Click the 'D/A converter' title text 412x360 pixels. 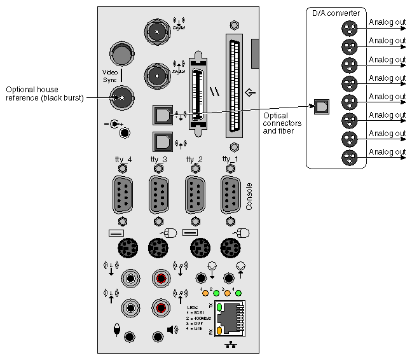[x=335, y=13]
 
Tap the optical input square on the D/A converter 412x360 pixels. [x=322, y=106]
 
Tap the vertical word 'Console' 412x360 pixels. [x=249, y=196]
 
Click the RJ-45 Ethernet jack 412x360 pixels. [x=232, y=319]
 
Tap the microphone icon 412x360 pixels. [x=117, y=330]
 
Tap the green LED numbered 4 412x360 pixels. [x=238, y=294]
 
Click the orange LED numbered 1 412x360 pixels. [x=205, y=294]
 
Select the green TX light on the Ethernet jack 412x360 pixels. [x=219, y=307]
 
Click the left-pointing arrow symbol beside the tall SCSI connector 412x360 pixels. [x=251, y=93]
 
